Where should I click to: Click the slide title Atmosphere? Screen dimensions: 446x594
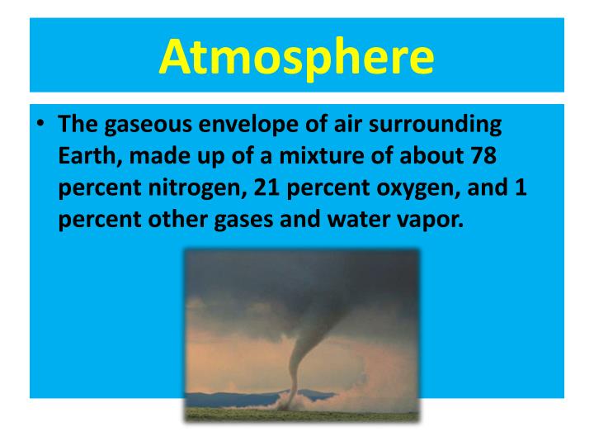(x=297, y=55)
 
